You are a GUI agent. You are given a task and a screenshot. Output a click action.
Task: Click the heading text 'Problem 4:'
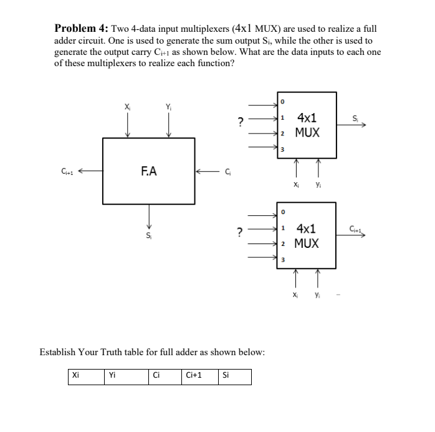(81, 29)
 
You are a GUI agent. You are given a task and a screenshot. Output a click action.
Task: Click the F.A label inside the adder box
(150, 170)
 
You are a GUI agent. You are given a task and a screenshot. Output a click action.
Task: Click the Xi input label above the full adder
(128, 107)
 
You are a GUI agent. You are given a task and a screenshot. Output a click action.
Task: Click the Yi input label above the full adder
(168, 107)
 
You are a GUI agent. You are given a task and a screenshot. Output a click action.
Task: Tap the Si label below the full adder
(149, 236)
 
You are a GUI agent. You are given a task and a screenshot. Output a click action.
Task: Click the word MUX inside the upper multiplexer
(307, 132)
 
